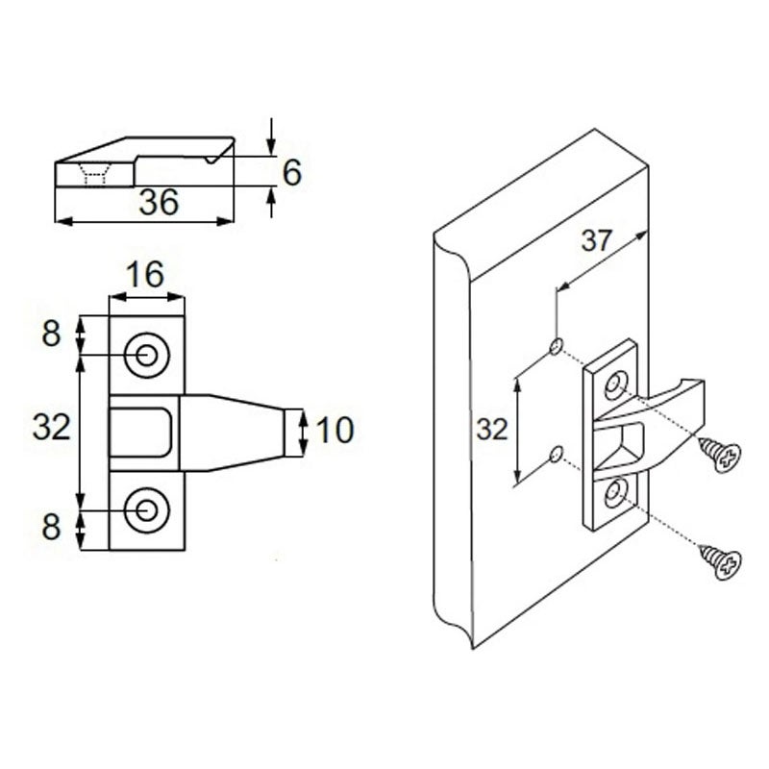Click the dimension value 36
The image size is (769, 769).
point(159,203)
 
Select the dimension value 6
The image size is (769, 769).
point(291,172)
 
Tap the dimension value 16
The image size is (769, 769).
point(145,275)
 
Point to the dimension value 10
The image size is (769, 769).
point(335,430)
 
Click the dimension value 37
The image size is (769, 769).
point(596,240)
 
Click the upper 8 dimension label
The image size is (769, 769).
point(50,334)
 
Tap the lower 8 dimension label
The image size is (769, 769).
point(50,528)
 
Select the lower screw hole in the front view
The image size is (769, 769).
point(146,509)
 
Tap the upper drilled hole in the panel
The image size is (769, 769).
point(556,345)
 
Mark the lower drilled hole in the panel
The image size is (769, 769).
point(556,453)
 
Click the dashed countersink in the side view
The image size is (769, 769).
point(94,174)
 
